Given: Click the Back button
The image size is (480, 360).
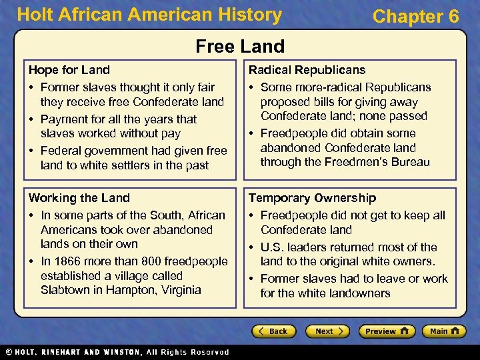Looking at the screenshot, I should pyautogui.click(x=273, y=331).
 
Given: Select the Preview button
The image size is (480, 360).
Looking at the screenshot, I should pyautogui.click(x=386, y=331).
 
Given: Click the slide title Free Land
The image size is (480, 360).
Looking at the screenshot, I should pyautogui.click(x=240, y=46).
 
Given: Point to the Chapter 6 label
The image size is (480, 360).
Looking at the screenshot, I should pyautogui.click(x=415, y=16).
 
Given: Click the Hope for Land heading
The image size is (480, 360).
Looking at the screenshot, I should pyautogui.click(x=69, y=69).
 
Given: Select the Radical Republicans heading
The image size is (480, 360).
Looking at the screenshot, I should pyautogui.click(x=307, y=69).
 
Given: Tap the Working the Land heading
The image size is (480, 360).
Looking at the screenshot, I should pyautogui.click(x=79, y=198).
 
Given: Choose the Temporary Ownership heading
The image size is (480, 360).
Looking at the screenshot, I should pyautogui.click(x=312, y=198).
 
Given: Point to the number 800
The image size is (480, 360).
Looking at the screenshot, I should pyautogui.click(x=147, y=261).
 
